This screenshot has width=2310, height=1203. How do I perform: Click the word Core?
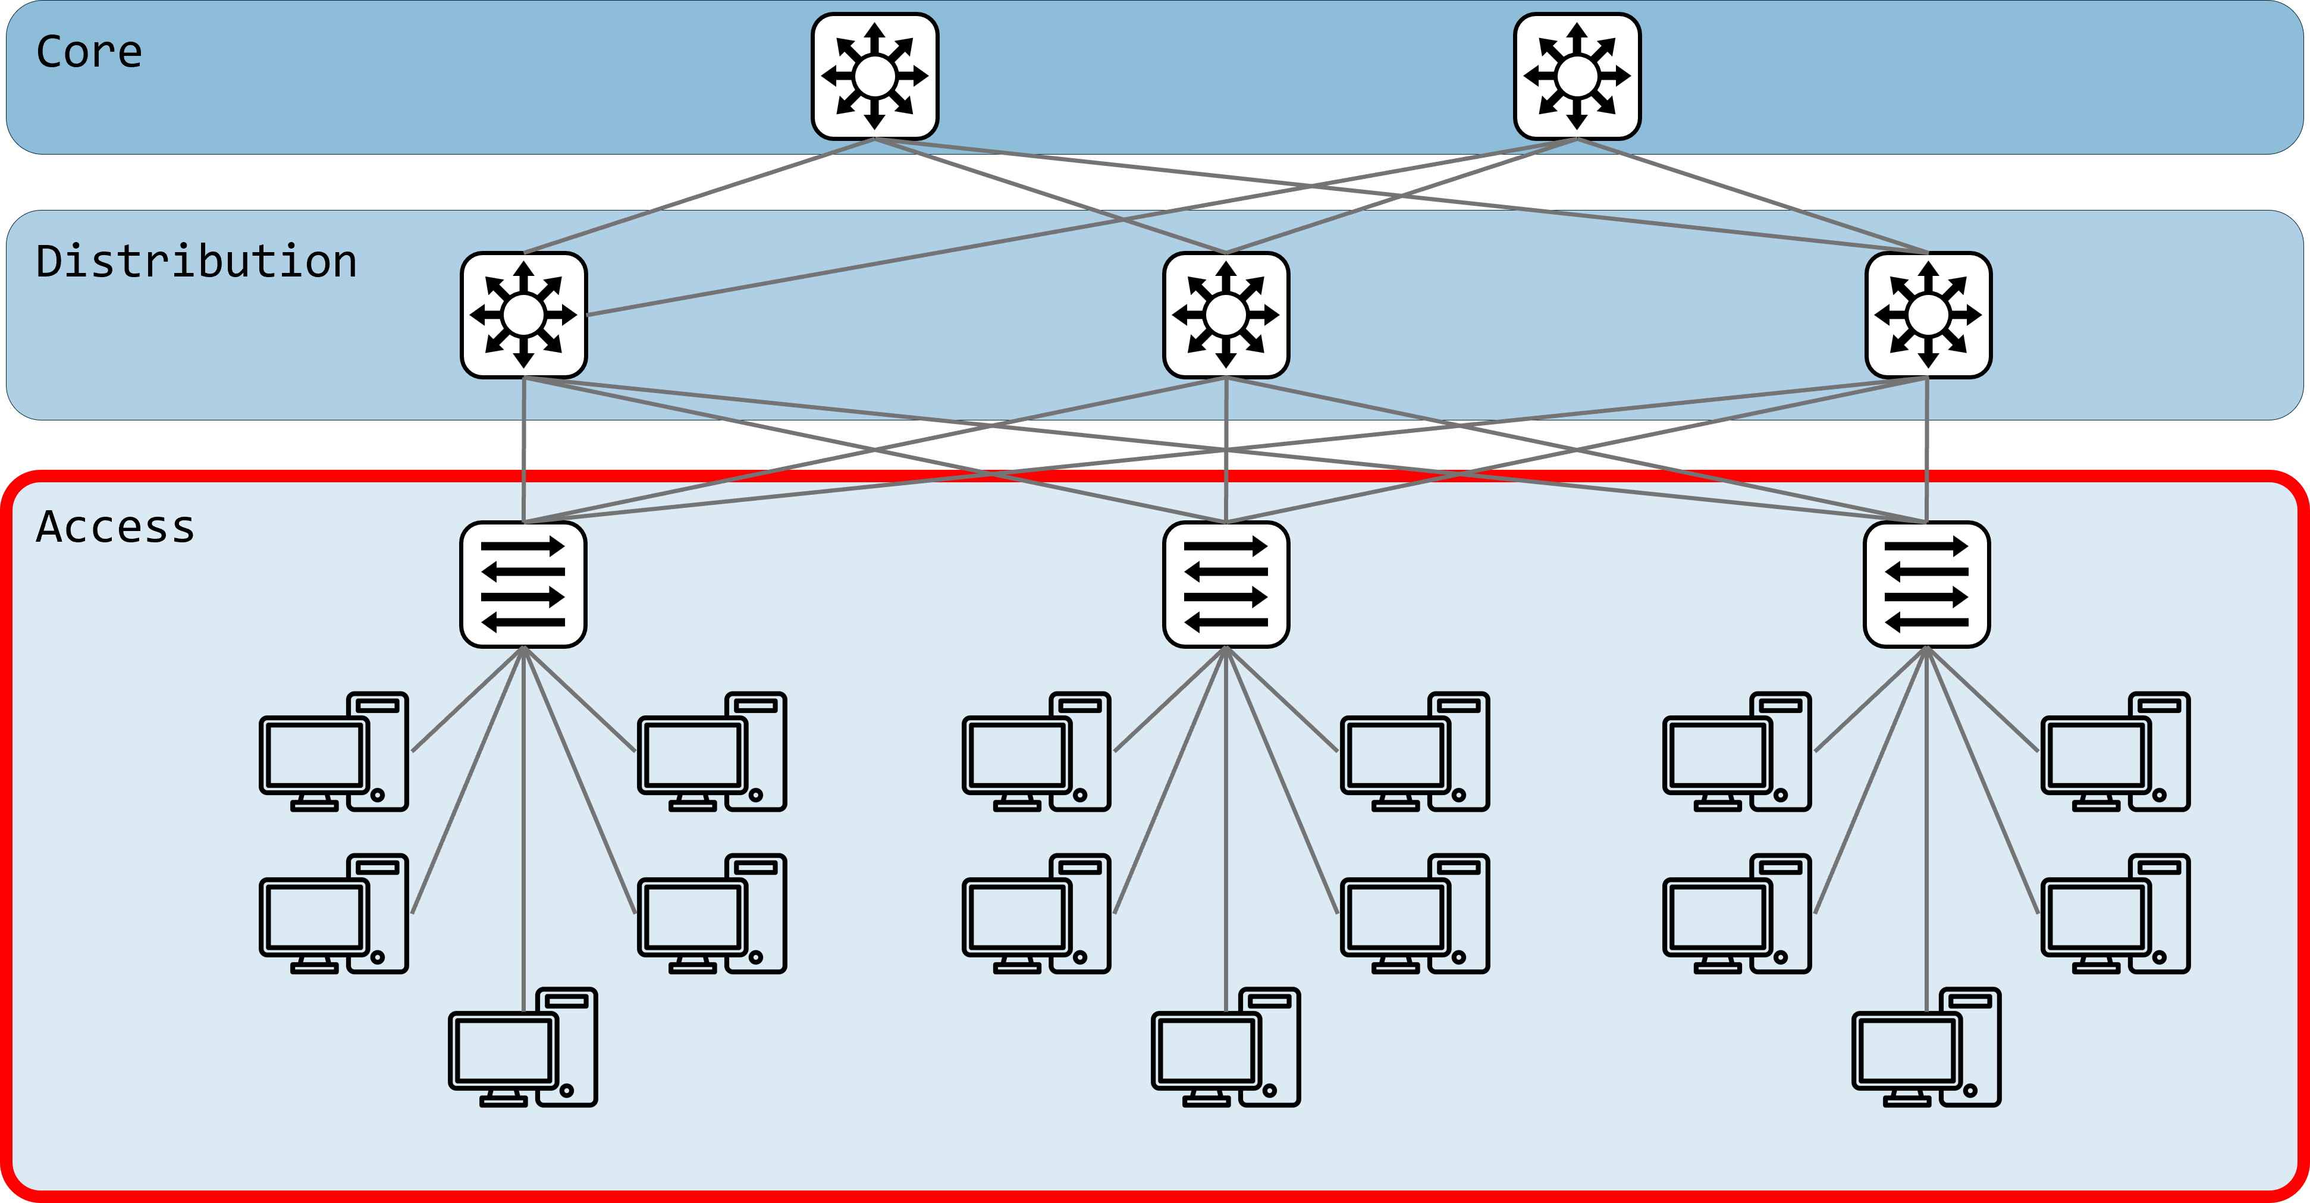tap(89, 52)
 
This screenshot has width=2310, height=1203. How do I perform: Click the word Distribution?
tap(196, 262)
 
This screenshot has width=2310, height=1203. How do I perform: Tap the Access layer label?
tap(115, 527)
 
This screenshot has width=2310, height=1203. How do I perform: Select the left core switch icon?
tap(874, 76)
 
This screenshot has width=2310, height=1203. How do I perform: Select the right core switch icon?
tap(1577, 76)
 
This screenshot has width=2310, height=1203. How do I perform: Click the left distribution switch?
tap(524, 315)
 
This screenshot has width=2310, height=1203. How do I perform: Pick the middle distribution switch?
tap(1226, 315)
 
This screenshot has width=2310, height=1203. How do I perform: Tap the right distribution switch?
tap(1928, 315)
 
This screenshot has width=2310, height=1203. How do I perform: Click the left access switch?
tap(524, 585)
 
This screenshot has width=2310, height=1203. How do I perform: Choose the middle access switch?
tap(1226, 585)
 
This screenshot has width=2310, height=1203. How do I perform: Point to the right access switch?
tap(1926, 585)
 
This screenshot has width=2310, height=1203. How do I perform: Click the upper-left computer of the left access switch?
tap(334, 752)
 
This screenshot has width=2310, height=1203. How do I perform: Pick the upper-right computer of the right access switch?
tap(2116, 752)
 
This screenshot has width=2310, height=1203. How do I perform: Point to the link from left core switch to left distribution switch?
tap(699, 196)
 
